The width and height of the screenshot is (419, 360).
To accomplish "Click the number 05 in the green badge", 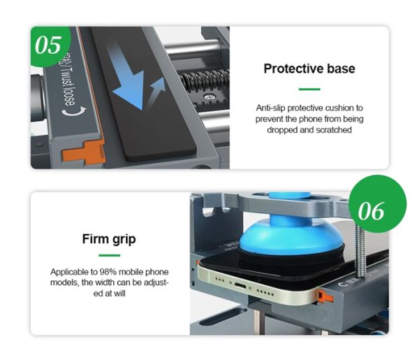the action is (x=48, y=45).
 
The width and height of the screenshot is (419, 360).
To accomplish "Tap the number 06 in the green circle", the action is (x=372, y=211).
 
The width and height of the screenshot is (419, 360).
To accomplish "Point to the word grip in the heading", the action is (x=124, y=240).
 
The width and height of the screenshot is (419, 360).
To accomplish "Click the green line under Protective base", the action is (x=309, y=89).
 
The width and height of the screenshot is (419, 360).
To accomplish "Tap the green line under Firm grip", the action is (x=110, y=255).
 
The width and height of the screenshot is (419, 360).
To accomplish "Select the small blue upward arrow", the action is (x=158, y=89).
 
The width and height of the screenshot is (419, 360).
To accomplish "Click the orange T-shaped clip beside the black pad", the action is (x=83, y=152).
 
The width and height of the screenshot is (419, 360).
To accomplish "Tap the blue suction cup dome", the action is (x=291, y=236).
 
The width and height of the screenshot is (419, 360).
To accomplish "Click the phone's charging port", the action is (x=240, y=286).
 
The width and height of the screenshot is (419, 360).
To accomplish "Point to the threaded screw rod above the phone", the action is (x=360, y=250).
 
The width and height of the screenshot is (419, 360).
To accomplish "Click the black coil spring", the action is (x=205, y=80).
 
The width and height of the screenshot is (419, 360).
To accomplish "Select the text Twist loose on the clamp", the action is (x=69, y=86).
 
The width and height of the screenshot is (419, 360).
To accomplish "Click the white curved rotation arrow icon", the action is (x=74, y=111).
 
